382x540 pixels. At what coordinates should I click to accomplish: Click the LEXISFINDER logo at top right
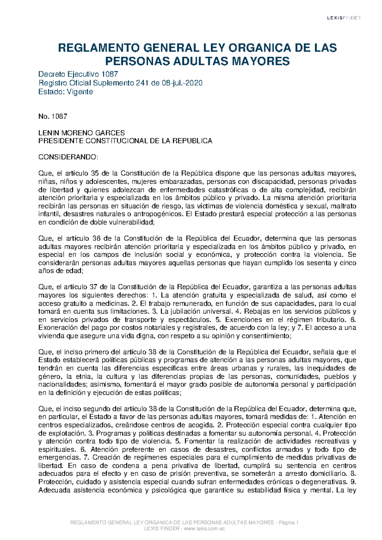point(343,18)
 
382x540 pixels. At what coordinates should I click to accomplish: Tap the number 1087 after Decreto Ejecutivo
point(110,74)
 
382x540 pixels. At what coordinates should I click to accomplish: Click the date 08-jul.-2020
point(181,83)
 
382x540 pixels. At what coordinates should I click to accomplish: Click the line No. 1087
point(53,117)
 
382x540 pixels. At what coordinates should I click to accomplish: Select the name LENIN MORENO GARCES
point(81,133)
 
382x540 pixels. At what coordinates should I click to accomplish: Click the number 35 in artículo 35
point(95,174)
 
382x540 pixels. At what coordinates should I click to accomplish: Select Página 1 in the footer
point(288,523)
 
